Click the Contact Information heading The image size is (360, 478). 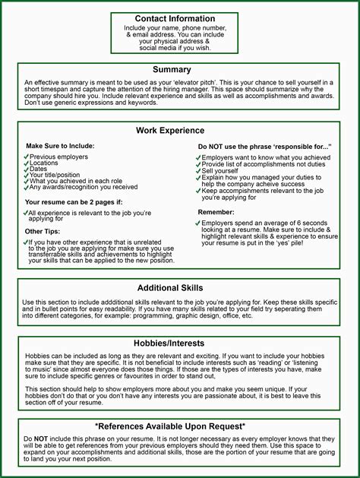175,18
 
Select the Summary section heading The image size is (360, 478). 171,70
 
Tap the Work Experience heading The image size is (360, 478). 170,131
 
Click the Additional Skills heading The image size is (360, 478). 170,288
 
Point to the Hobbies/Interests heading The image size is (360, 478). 171,343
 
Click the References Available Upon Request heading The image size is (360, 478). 170,426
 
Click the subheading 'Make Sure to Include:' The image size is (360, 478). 60,145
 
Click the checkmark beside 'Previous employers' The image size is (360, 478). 27,157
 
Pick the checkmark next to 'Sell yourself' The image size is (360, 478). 197,172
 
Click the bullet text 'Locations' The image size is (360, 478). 44,163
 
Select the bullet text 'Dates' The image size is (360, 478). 39,169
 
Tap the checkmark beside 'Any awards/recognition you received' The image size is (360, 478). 27,187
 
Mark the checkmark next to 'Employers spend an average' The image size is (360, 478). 197,223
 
